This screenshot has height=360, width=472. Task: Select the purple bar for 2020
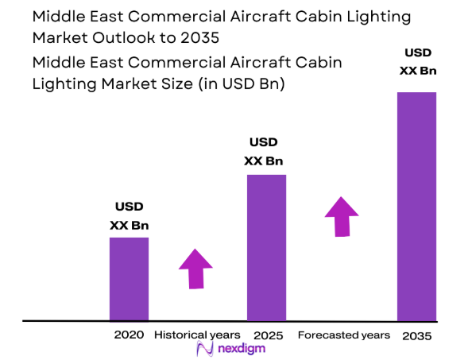coord(129,278)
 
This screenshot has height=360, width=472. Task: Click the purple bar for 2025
coord(266,247)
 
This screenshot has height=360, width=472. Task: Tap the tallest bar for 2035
coord(416,206)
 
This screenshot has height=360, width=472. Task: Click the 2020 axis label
coord(129,335)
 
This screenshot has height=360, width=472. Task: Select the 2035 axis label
coord(416,335)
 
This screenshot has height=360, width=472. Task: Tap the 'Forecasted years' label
coord(343,335)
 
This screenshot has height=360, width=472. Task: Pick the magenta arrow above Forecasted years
coord(341,215)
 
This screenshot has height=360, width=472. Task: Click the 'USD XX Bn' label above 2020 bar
coord(129,217)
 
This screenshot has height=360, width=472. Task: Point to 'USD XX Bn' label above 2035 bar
coord(417,62)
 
